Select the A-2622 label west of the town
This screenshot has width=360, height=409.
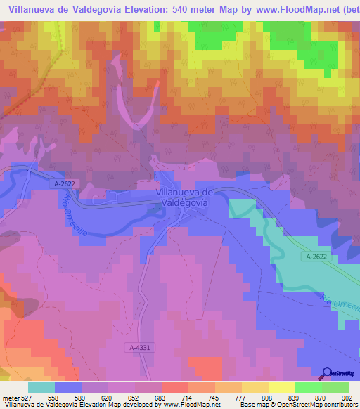(x=64, y=184)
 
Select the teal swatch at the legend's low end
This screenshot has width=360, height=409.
(x=41, y=387)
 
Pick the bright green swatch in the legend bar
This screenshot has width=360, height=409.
(x=307, y=387)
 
